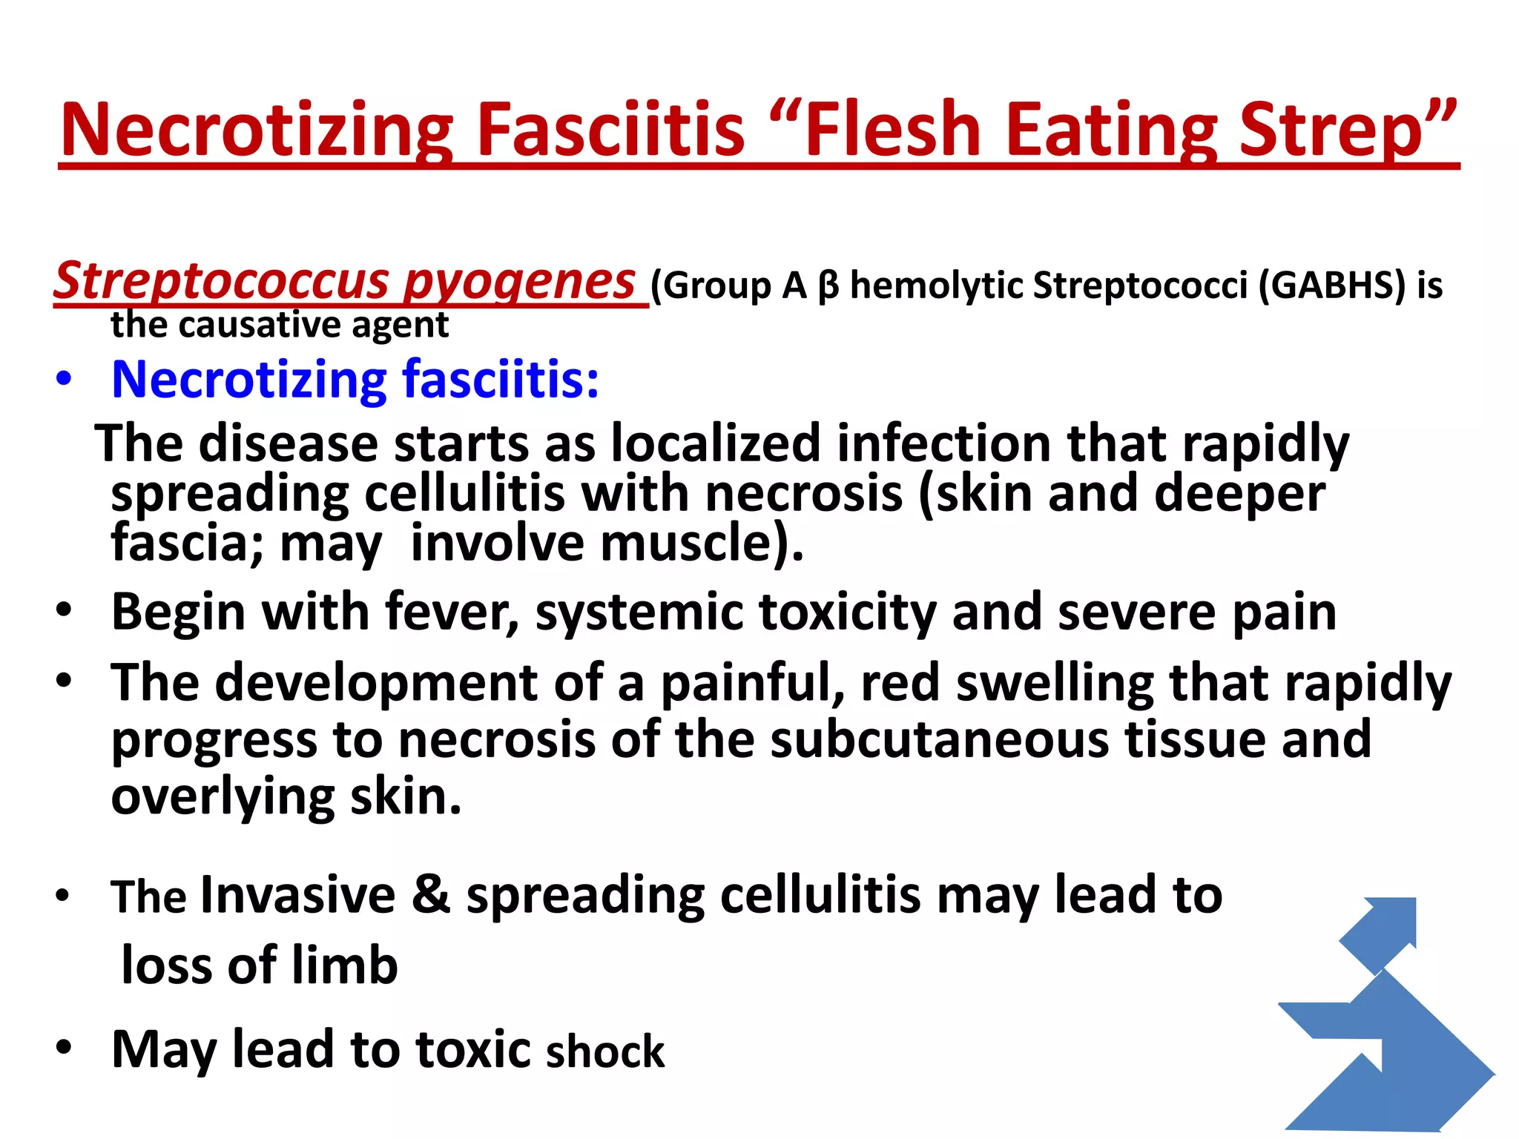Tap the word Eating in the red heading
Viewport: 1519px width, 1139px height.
pyautogui.click(x=1112, y=129)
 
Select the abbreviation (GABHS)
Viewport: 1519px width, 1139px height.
pyautogui.click(x=1332, y=286)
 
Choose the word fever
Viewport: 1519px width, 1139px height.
pyautogui.click(x=452, y=613)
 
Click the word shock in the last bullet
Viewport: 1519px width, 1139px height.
pyautogui.click(x=605, y=1051)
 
